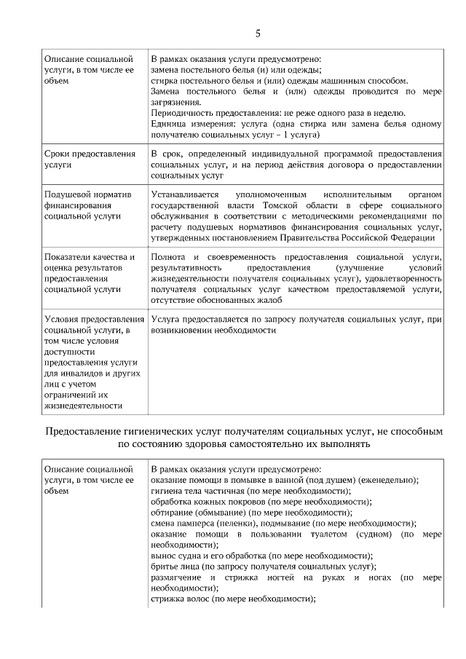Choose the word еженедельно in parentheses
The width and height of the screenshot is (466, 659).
click(387, 480)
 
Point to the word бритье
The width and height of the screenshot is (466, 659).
click(164, 566)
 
